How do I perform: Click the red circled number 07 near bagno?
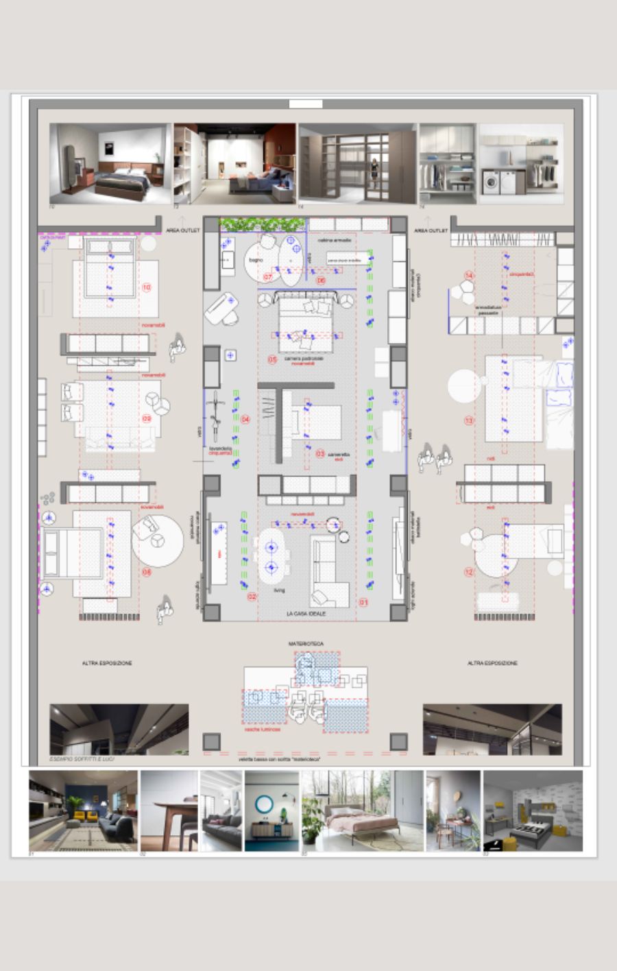[x=268, y=278]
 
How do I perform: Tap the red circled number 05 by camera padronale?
[x=272, y=360]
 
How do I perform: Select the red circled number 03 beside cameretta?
[x=320, y=454]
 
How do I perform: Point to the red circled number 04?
[x=245, y=419]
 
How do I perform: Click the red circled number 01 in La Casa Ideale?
[x=363, y=603]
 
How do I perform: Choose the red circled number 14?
[x=470, y=276]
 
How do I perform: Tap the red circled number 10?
[x=146, y=287]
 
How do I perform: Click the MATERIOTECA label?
[x=306, y=644]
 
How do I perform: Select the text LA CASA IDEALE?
[x=306, y=614]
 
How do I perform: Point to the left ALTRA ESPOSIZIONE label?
[x=107, y=663]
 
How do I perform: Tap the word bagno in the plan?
[x=256, y=260]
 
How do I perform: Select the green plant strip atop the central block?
[x=263, y=224]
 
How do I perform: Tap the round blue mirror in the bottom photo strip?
[x=263, y=803]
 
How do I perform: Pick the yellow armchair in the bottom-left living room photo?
[x=80, y=817]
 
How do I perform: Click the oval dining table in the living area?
[x=271, y=558]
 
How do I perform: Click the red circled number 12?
[x=469, y=572]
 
